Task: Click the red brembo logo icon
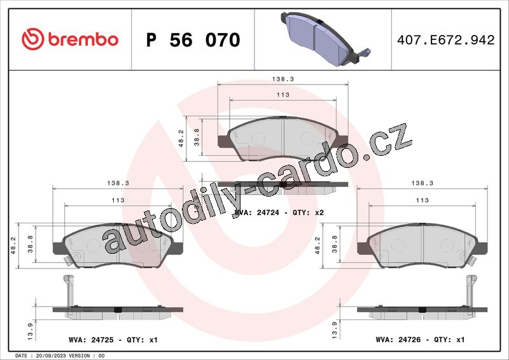pos(33,39)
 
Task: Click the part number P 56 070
pos(193,40)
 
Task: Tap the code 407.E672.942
pos(446,40)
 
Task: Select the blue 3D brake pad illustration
pos(325,39)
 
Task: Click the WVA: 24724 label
pos(256,212)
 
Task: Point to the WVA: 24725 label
pos(91,340)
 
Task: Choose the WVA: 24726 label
pos(398,340)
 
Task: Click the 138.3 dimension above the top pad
pos(282,79)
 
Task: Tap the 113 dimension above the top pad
pos(282,95)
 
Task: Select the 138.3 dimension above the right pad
pos(422,183)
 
